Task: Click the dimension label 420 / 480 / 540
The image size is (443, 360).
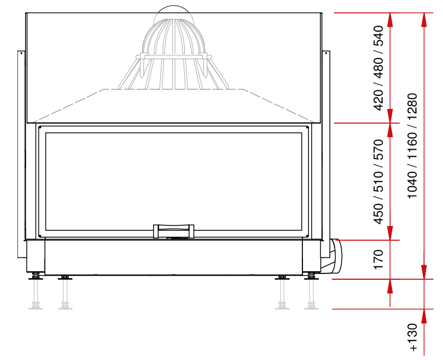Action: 379,68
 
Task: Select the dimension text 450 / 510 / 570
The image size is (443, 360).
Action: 379,181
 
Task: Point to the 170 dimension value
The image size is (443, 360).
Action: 379,260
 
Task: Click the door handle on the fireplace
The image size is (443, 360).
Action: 173,231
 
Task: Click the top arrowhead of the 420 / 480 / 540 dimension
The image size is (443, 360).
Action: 390,19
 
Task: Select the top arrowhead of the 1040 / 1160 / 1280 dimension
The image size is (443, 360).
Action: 424,19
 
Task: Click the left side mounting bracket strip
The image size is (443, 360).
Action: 21,152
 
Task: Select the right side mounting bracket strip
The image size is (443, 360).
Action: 326,147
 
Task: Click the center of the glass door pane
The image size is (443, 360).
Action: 173,180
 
